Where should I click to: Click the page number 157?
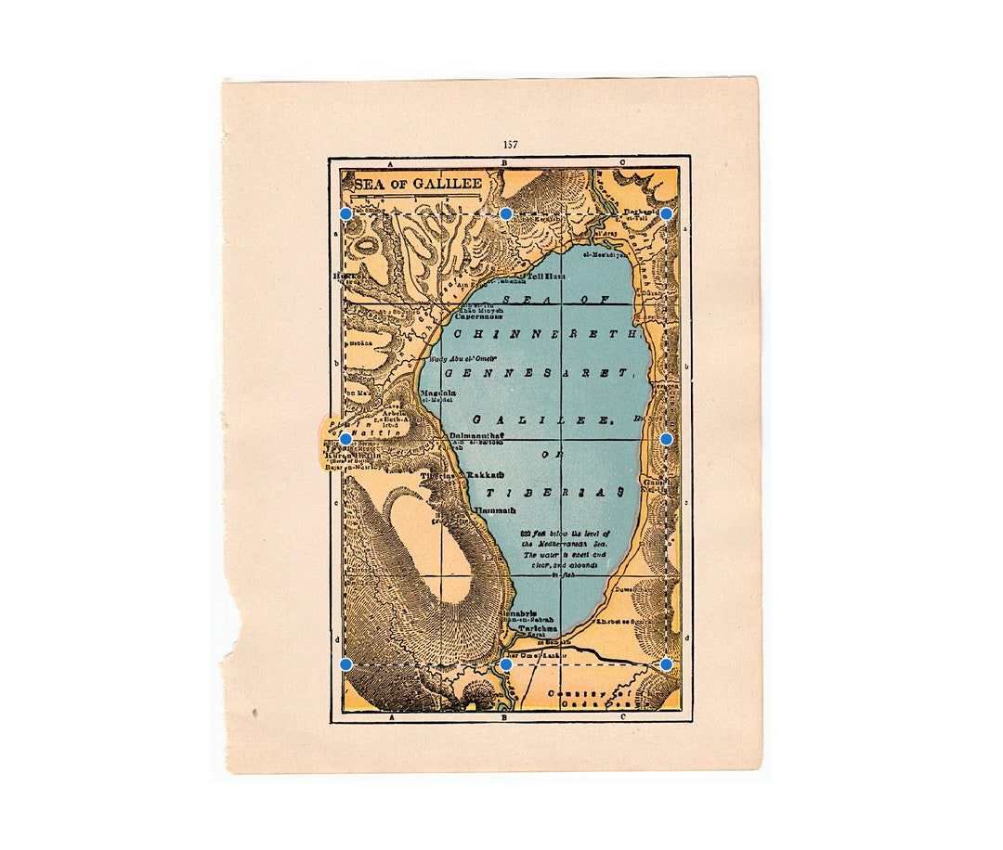point(510,145)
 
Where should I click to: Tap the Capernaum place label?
point(478,316)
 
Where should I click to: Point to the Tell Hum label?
point(546,277)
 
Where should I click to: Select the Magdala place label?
point(438,393)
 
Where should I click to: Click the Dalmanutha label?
point(476,434)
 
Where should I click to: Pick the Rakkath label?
point(484,474)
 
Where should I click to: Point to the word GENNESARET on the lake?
point(539,373)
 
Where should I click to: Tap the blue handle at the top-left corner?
point(345,213)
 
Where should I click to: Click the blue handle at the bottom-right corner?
point(666,664)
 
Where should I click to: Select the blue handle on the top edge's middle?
point(506,213)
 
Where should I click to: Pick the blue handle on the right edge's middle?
point(666,438)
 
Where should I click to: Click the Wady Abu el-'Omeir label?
point(462,358)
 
